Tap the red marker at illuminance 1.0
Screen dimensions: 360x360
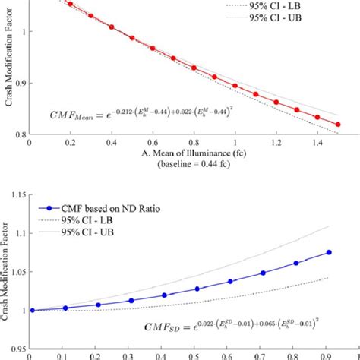point(235,85)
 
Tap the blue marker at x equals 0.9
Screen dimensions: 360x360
point(329,252)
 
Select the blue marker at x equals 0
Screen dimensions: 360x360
point(30,310)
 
